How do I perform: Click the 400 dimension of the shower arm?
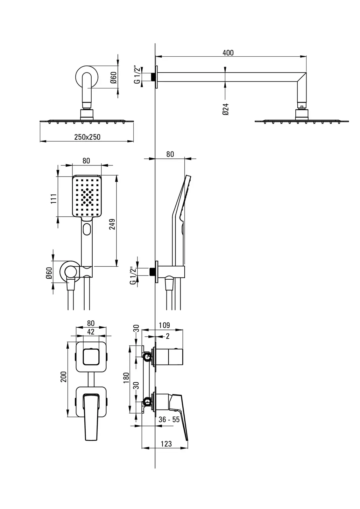coord(228,52)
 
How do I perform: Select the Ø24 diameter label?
coord(225,109)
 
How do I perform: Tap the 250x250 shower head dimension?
coord(87,137)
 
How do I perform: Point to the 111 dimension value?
coord(54,199)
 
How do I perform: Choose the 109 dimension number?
coord(164,325)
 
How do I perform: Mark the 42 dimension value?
coord(91,332)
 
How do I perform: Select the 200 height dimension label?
coord(64,377)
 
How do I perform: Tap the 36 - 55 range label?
coord(169,420)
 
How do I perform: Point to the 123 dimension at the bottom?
coord(166,444)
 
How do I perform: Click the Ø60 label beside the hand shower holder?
coord(49,273)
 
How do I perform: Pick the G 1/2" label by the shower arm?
coord(137,75)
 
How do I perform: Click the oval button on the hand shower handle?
coord(87,229)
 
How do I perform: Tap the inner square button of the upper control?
coord(91,356)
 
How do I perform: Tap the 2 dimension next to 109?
coord(168,336)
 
